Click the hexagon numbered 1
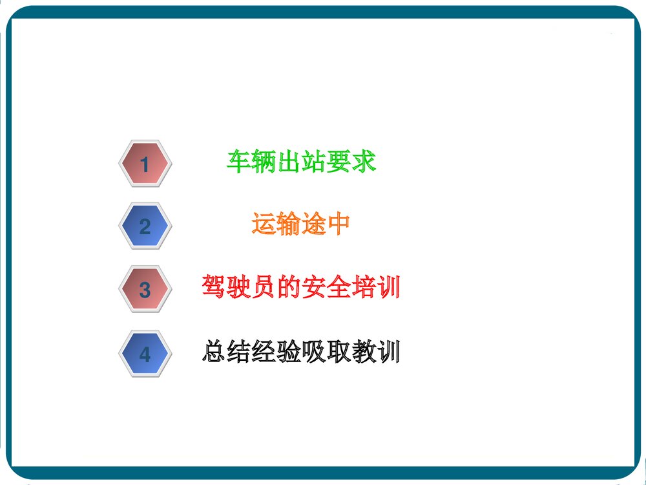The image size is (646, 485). tap(145, 164)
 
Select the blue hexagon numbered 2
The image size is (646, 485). tap(145, 226)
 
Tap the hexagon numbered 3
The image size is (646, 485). tap(145, 289)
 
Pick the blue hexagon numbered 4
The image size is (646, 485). tap(145, 354)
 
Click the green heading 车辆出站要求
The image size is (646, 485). tap(301, 162)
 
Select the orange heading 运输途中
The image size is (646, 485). tap(300, 224)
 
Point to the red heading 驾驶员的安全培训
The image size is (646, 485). tap(300, 287)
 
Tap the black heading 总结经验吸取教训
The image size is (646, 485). tap(300, 352)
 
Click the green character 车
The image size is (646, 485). tap(239, 162)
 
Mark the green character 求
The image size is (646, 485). tap(364, 162)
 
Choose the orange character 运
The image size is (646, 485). tap(264, 224)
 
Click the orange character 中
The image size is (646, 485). tap(339, 224)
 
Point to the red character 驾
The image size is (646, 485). tap(214, 287)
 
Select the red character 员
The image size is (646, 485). tap(264, 287)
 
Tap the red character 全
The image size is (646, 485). tap(338, 287)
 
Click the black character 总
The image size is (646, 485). tap(214, 352)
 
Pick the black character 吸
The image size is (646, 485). tap(313, 352)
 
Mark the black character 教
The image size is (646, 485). tap(363, 352)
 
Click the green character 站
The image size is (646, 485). tap(314, 162)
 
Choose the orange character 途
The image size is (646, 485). tap(313, 224)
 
